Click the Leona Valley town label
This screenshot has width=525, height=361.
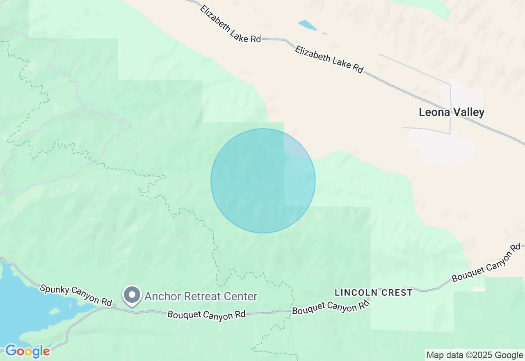pos(451,112)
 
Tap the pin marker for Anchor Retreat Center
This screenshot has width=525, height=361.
pos(132,295)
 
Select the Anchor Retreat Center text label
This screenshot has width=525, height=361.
pos(201,296)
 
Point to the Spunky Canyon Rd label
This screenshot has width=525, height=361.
pos(76,295)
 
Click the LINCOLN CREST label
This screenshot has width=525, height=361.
pos(374,292)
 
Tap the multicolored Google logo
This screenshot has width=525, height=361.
pos(27,351)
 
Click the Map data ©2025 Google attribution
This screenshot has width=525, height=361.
pos(475,355)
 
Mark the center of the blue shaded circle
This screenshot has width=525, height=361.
pos(263,181)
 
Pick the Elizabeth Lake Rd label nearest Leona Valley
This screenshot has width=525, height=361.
pos(329,59)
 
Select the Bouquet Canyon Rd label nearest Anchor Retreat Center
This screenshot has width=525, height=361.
pos(206,315)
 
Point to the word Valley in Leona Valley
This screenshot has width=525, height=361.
pos(468,112)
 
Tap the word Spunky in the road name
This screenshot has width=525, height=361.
pos(53,289)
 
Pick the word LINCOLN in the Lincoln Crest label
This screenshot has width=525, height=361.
pos(354,292)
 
